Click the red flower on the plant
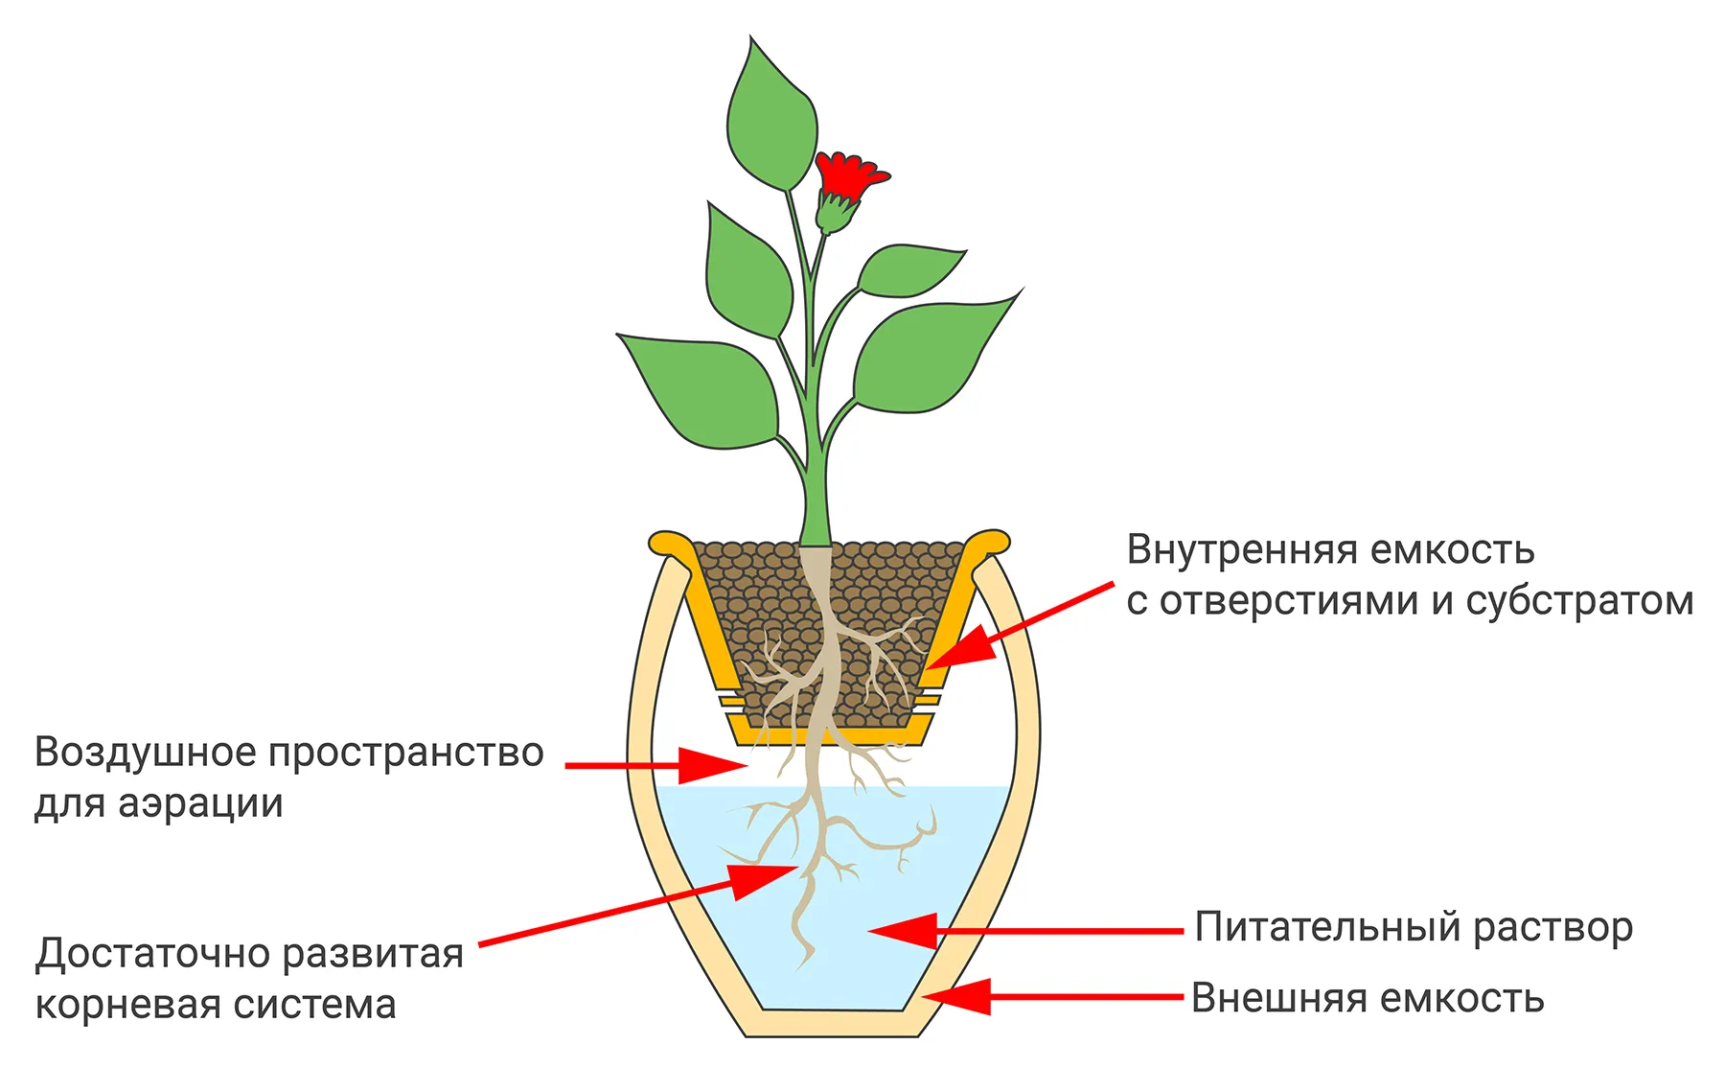tap(850, 176)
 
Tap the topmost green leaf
tap(771, 120)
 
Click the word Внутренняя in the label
tap(1242, 550)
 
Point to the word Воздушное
tap(145, 754)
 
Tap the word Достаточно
tap(152, 954)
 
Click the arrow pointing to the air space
tap(656, 765)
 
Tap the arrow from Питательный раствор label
tap(1025, 930)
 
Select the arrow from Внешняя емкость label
tap(1052, 997)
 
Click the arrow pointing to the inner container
tap(1018, 625)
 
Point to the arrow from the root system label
tap(638, 905)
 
